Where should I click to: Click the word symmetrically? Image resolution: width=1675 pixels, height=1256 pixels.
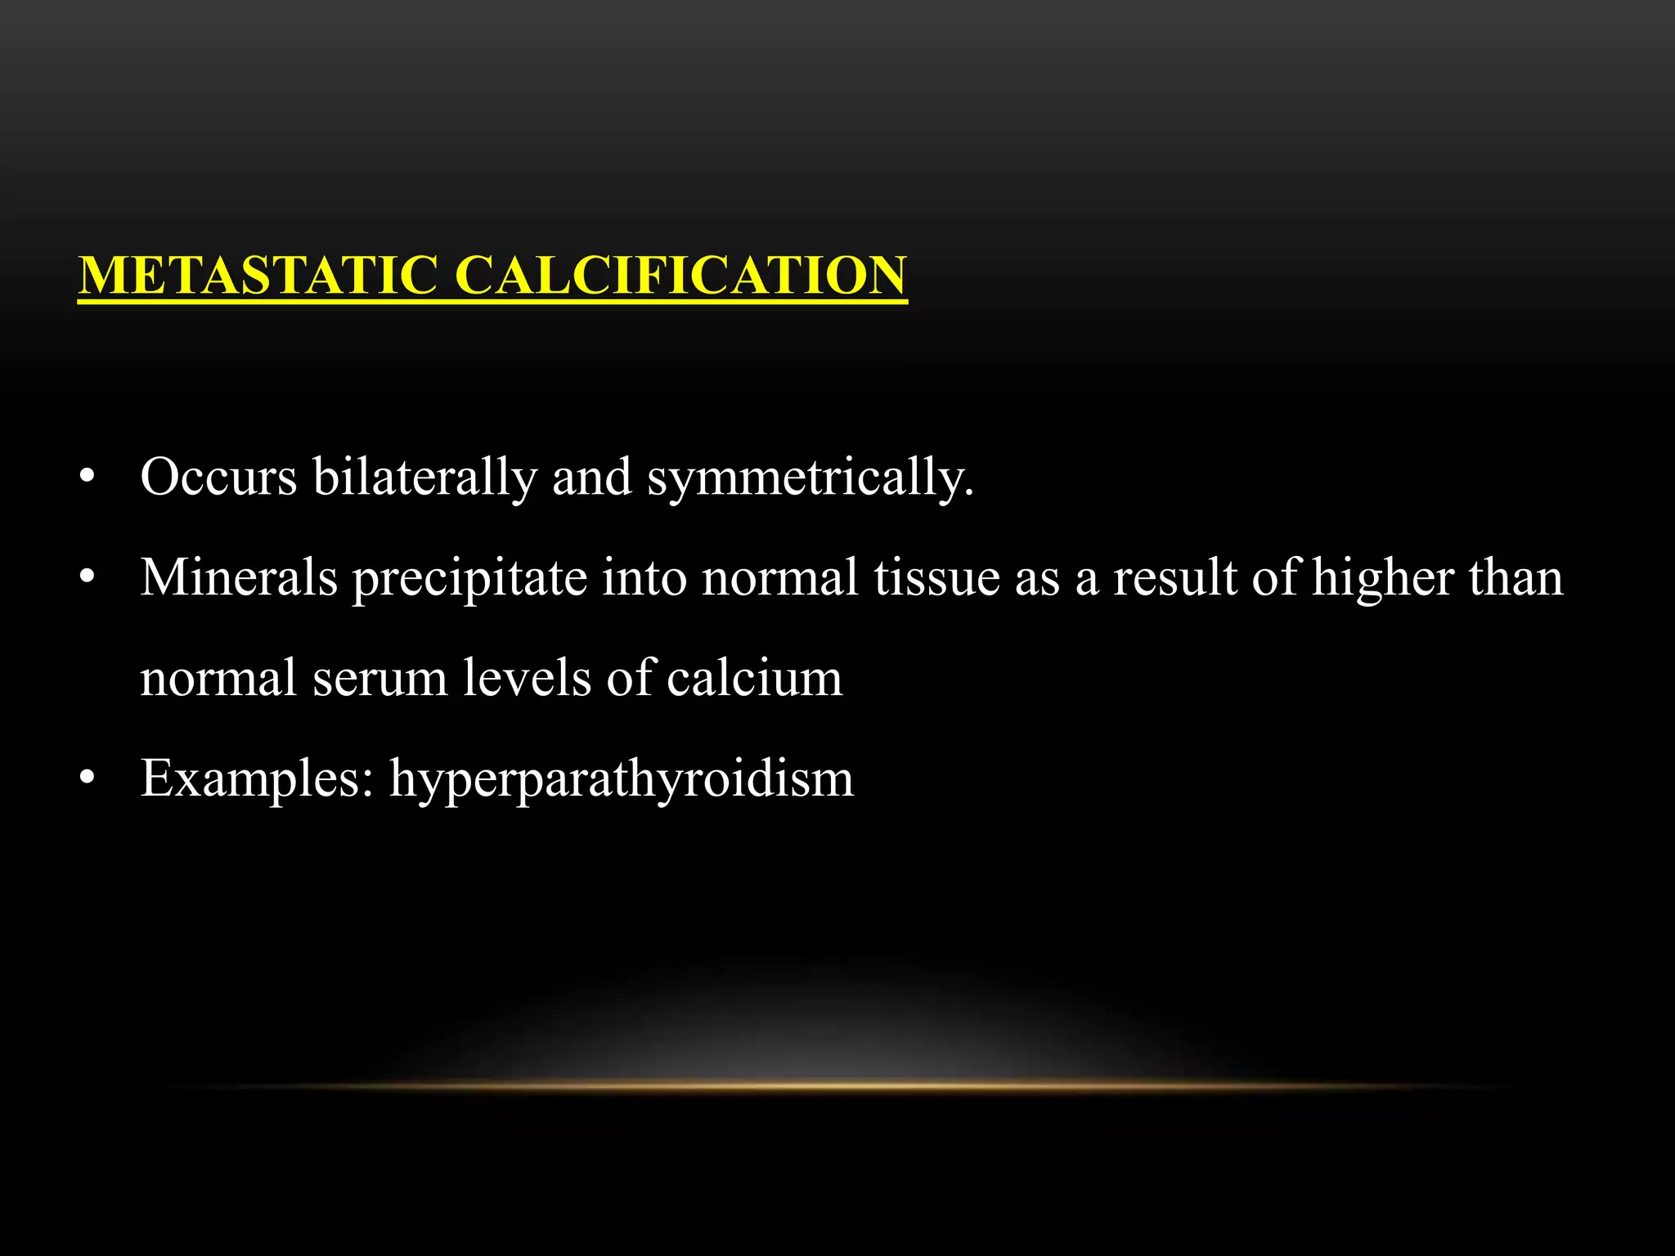[810, 478]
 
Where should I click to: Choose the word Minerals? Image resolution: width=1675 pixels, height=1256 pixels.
[239, 577]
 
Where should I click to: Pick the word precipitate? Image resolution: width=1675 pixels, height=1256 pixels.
[469, 579]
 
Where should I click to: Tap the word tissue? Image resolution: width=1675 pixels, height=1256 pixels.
[936, 577]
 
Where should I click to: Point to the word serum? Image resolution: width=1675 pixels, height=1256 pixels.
[379, 679]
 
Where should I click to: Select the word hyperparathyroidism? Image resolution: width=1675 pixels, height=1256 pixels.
[622, 780]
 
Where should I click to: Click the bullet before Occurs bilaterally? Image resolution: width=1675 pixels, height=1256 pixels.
[88, 478]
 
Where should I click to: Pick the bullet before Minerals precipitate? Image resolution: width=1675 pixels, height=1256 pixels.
[88, 579]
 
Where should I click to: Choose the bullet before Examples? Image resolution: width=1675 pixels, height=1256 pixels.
[88, 779]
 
